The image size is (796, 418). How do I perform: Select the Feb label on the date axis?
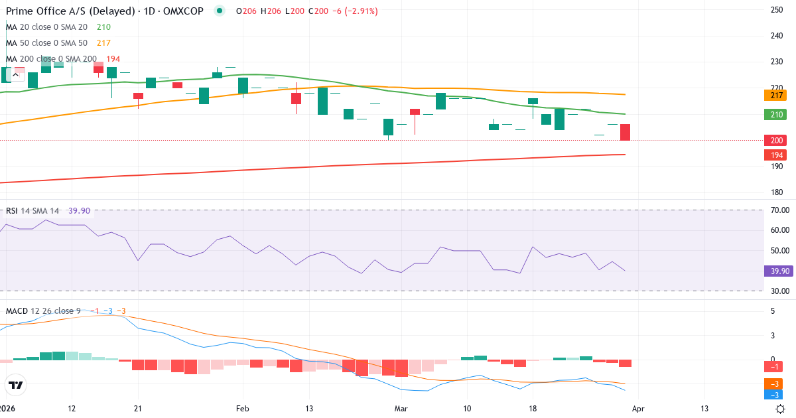point(242,409)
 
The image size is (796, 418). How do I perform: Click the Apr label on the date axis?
point(638,409)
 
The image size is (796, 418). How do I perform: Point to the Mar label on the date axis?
point(401,409)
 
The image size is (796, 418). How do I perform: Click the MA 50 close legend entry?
point(46,42)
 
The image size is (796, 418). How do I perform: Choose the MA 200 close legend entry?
point(50,59)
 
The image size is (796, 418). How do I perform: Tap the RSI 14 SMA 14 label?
point(33,211)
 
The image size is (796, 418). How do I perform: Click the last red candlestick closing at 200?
point(625,132)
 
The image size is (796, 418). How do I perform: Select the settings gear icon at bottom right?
point(781,409)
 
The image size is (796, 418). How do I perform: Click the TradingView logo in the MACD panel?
point(15,385)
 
